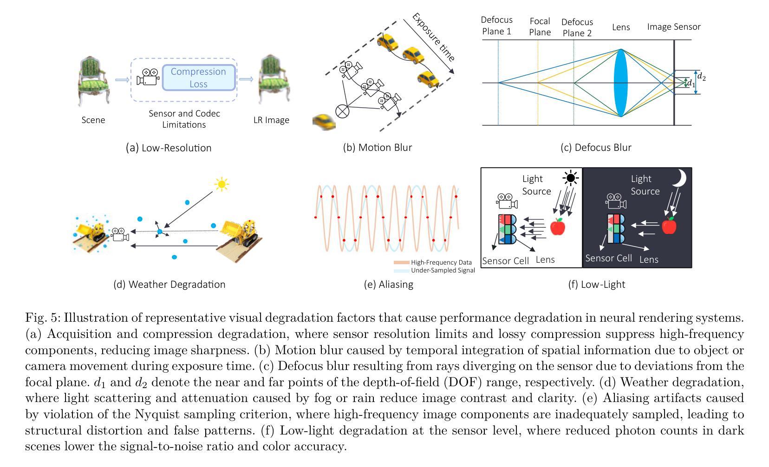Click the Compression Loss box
199,78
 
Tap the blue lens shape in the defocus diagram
621,83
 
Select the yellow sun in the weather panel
222,184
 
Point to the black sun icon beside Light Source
571,178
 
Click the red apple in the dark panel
669,226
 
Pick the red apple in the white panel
558,227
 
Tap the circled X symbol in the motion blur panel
342,111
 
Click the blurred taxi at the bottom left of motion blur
324,122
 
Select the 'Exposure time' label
434,37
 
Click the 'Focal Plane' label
540,27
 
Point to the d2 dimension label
701,77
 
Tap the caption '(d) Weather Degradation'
169,285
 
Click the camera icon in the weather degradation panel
120,234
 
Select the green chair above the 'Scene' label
93,81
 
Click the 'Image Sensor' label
673,27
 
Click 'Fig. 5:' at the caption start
43,318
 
